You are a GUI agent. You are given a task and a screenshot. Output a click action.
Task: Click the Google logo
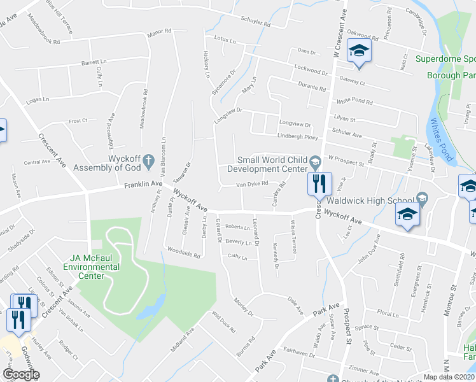tap(21, 374)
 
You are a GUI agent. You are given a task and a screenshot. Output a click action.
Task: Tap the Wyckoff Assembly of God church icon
tap(148, 161)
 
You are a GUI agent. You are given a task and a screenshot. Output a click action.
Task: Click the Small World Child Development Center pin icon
tap(314, 162)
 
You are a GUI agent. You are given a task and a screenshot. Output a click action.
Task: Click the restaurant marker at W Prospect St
tap(319, 183)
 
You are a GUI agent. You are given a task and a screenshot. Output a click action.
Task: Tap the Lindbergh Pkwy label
tap(297, 136)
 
